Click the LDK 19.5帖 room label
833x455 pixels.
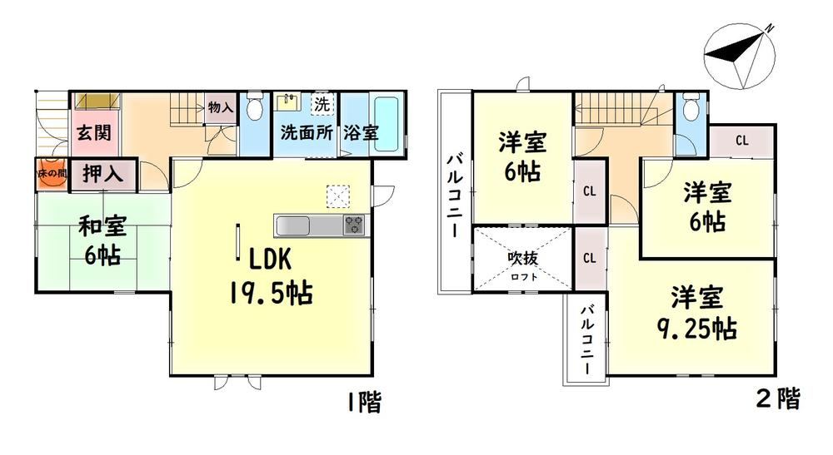pos(271,277)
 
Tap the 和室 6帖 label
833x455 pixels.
pos(102,240)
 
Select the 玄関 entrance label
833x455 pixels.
pos(94,132)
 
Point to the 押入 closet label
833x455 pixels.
pos(103,174)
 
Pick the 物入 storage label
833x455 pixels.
pos(221,107)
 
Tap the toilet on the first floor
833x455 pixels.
pos(256,107)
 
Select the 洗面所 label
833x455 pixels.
pos(307,132)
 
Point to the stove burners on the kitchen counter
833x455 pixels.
pos(354,225)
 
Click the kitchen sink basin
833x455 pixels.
pos(292,226)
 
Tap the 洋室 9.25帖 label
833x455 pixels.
pos(697,313)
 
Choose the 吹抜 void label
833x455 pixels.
pos(523,258)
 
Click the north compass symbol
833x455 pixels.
pos(740,55)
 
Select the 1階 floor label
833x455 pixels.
pos(364,402)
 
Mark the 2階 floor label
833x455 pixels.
pos(778,398)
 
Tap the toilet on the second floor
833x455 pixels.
pos(691,107)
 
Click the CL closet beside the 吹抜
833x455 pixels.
pos(590,258)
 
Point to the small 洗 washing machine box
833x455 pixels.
pos(322,105)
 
